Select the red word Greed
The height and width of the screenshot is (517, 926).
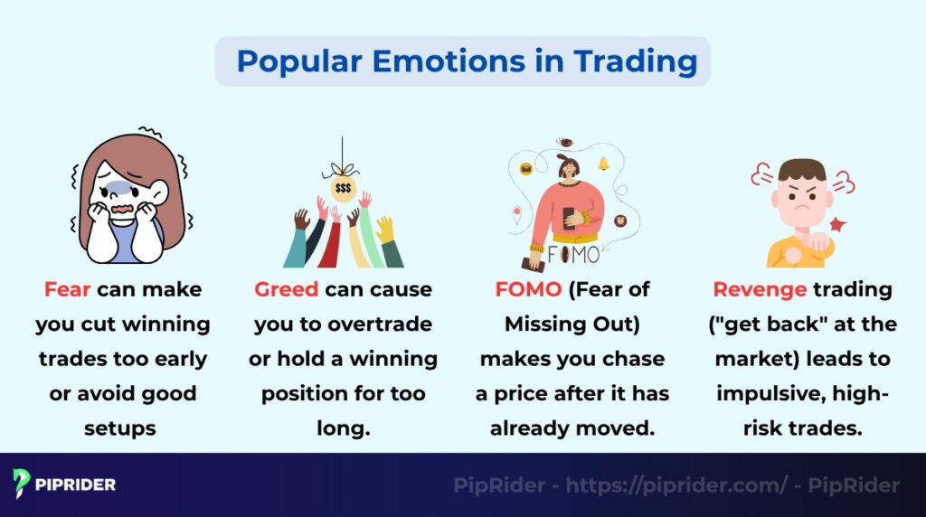[x=286, y=290]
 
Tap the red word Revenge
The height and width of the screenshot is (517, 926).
[x=758, y=290]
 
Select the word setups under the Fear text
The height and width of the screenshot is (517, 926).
[x=120, y=428]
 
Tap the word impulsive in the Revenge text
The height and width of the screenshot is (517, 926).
[x=764, y=393]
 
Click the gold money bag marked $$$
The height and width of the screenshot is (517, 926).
[x=343, y=189]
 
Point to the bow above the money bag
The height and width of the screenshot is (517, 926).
[x=343, y=169]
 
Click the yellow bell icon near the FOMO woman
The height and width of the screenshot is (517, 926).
[x=603, y=164]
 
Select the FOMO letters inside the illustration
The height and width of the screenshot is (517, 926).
[x=572, y=254]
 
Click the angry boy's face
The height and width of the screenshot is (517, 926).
[x=801, y=198]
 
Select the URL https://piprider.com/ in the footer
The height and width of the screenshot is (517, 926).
[x=676, y=485]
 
